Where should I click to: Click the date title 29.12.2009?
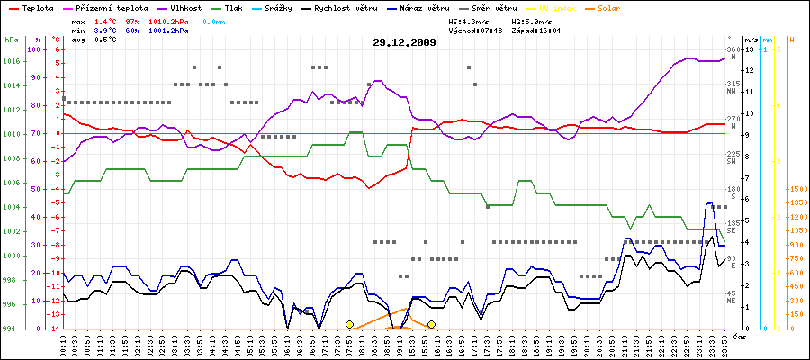coord(405,42)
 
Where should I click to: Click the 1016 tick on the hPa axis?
coord(11,62)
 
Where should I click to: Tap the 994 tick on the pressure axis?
coord(11,328)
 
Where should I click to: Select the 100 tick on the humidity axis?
coord(35,49)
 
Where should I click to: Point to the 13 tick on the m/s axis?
coord(750,49)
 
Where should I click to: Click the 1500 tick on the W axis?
coord(796,189)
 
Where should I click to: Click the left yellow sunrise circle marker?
coord(349,324)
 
